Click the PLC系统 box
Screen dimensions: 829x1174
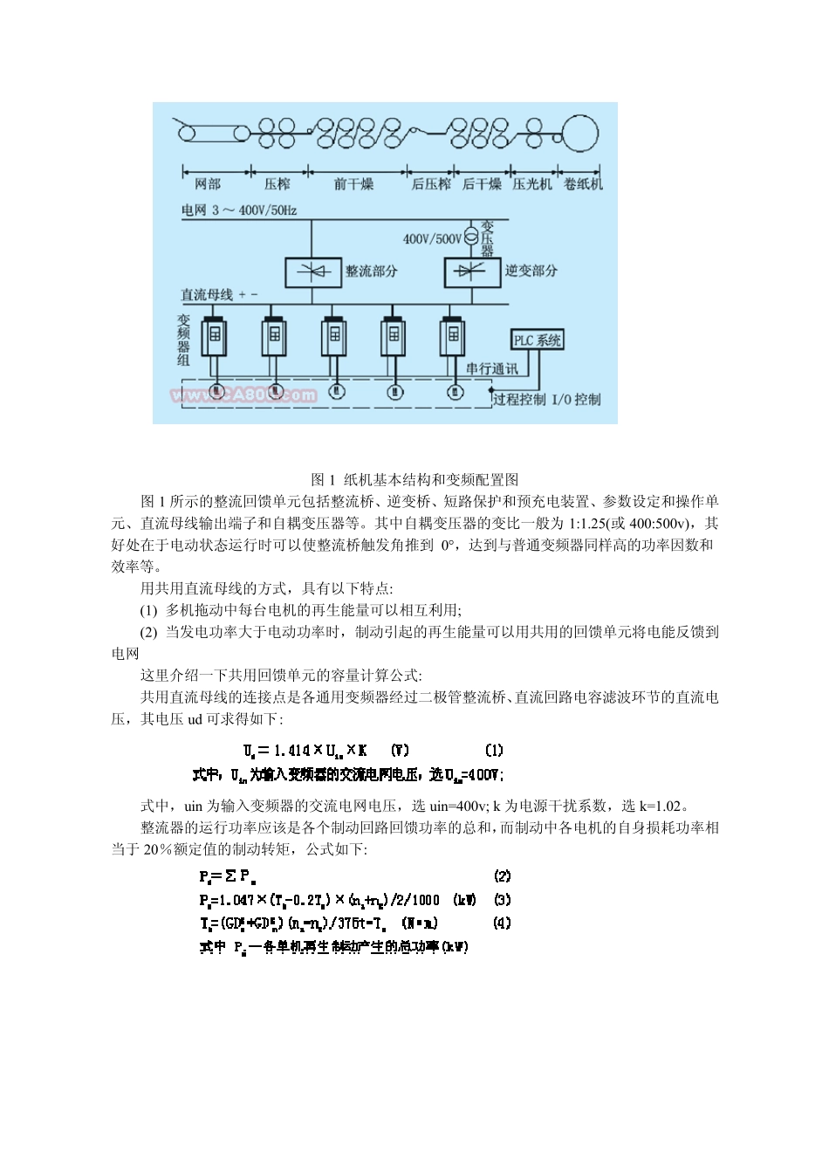pyautogui.click(x=537, y=340)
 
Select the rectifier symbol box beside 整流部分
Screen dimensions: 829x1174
pyautogui.click(x=313, y=272)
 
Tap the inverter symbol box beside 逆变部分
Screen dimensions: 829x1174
pyautogui.click(x=473, y=272)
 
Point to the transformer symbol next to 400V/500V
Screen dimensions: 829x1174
pyautogui.click(x=471, y=237)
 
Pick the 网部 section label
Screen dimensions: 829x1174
pyautogui.click(x=208, y=184)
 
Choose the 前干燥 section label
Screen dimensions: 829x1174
pyautogui.click(x=353, y=184)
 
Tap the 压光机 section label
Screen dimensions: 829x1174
pyautogui.click(x=532, y=184)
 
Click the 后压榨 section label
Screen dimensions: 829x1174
pyautogui.click(x=431, y=184)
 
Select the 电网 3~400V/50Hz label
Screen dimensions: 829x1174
pyautogui.click(x=239, y=210)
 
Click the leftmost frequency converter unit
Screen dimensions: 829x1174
pyautogui.click(x=215, y=335)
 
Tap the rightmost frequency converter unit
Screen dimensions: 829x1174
pyautogui.click(x=454, y=335)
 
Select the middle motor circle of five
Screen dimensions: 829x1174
pyautogui.click(x=335, y=392)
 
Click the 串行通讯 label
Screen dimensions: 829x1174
pyautogui.click(x=491, y=368)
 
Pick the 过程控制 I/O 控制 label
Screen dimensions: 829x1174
pyautogui.click(x=546, y=400)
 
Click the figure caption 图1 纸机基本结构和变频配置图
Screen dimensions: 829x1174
pyautogui.click(x=414, y=479)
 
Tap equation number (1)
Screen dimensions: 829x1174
pyautogui.click(x=494, y=750)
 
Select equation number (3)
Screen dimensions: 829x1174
pyautogui.click(x=502, y=900)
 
